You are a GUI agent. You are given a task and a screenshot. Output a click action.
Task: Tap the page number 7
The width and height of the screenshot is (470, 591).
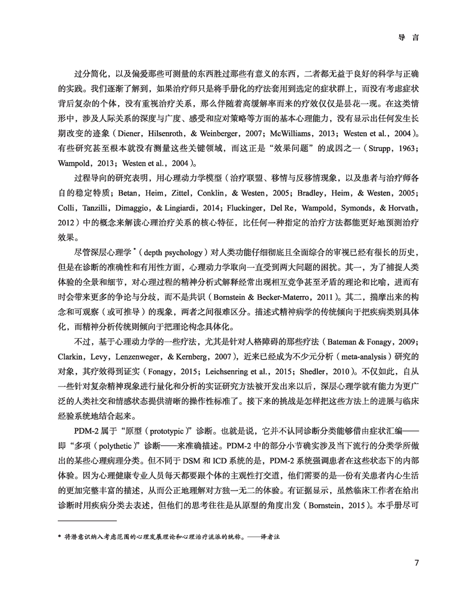pos(416,563)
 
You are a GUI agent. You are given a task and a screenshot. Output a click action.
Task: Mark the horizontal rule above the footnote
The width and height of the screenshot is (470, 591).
pos(87,521)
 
